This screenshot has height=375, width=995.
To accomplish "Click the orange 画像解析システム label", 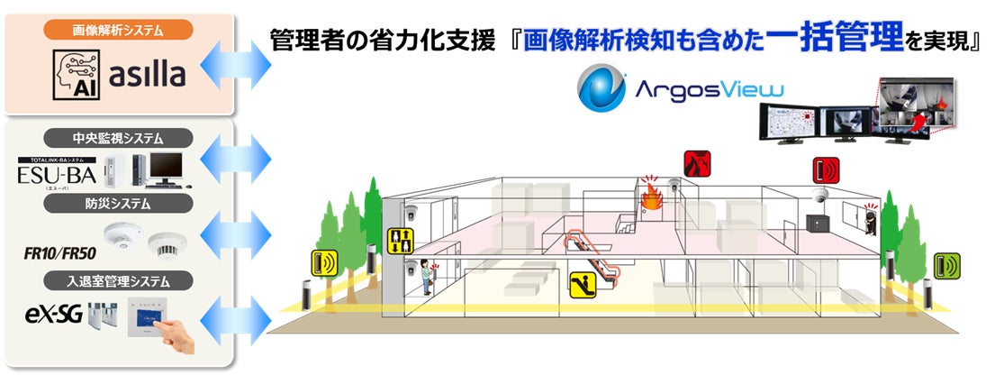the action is pyautogui.click(x=119, y=30).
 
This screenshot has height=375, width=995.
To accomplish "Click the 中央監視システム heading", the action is pyautogui.click(x=119, y=138).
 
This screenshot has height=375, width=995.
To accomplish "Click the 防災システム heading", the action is pyautogui.click(x=119, y=204).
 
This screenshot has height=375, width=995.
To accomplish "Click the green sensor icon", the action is pyautogui.click(x=946, y=265).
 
